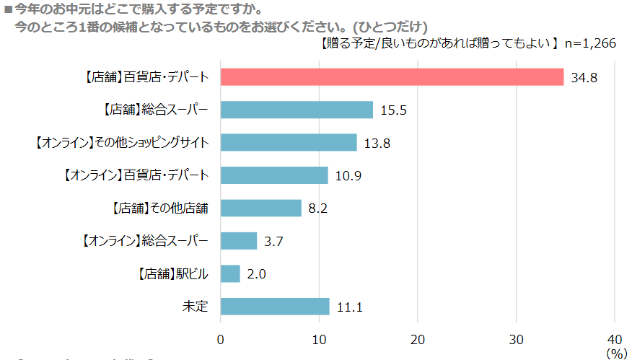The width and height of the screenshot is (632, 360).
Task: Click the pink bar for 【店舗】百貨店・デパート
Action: click(392, 77)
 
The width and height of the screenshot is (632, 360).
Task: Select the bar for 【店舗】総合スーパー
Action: click(297, 110)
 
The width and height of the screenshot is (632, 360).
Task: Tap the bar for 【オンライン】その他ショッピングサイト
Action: click(288, 143)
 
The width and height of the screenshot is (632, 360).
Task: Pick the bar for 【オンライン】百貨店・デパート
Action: click(274, 175)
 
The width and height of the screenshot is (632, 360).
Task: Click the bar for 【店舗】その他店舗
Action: click(260, 208)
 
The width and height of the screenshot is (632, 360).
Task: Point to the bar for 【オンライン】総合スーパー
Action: click(238, 241)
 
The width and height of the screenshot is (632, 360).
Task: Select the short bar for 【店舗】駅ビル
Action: click(230, 273)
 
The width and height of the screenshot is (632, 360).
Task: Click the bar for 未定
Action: click(275, 307)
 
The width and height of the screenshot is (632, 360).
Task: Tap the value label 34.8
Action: click(585, 78)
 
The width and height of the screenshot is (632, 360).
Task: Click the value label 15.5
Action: click(394, 110)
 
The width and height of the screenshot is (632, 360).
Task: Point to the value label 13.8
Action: click(377, 144)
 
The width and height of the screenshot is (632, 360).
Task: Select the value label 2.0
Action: click(258, 274)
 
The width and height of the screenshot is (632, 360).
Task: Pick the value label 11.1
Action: click(349, 307)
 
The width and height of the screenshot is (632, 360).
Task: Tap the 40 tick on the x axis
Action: click(614, 340)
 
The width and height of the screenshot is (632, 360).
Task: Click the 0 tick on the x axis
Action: click(221, 340)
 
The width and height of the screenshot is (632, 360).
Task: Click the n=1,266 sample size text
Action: click(589, 43)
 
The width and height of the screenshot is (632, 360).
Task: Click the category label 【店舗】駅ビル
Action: click(172, 274)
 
